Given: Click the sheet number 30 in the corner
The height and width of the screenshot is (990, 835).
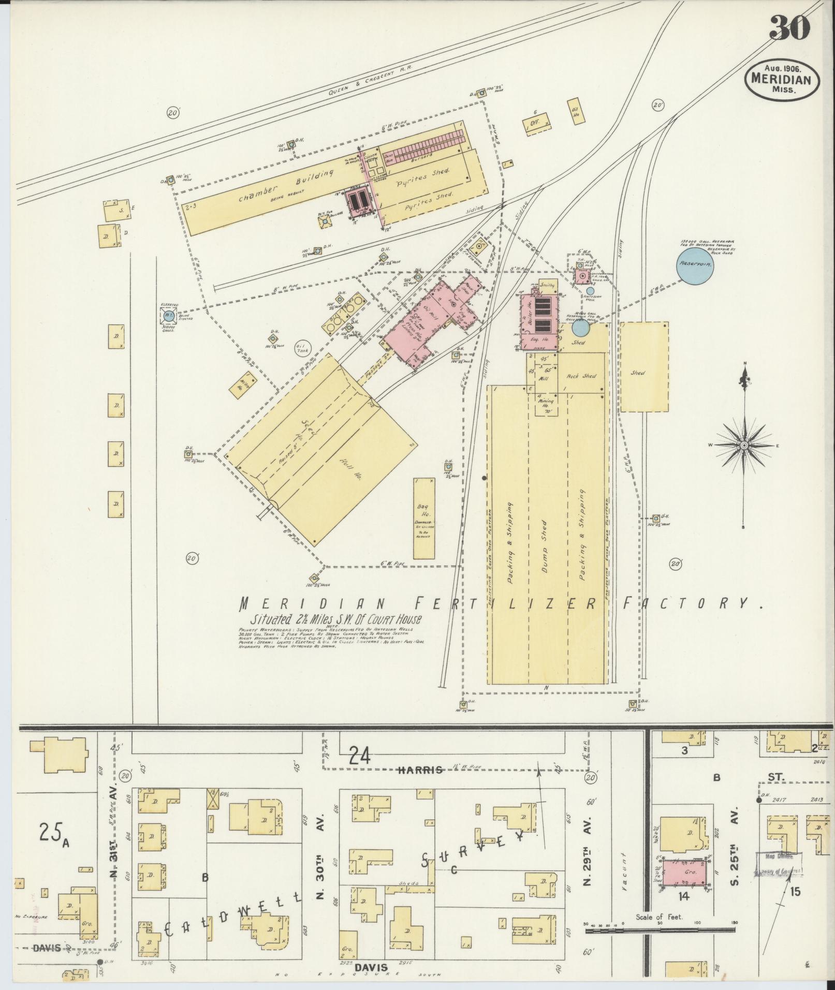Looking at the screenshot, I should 789,28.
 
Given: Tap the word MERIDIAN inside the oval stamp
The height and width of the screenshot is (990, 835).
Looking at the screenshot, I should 782,80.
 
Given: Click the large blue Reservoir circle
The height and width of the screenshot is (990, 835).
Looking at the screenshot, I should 694,264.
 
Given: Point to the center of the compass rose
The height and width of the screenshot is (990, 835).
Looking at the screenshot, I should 744,445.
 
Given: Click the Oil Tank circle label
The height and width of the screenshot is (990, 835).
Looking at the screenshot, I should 301,349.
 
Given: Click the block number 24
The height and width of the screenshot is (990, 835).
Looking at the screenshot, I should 361,756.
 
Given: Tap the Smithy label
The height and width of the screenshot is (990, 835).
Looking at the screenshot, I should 547,285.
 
